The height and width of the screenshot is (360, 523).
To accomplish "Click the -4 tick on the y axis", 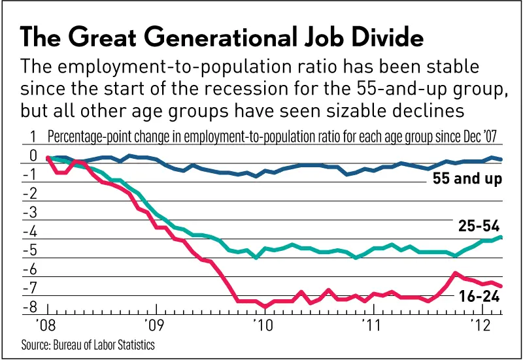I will pyautogui.click(x=29, y=233).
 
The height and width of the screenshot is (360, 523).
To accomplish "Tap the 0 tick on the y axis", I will pyautogui.click(x=32, y=157).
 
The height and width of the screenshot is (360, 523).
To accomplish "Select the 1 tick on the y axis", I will pyautogui.click(x=32, y=138).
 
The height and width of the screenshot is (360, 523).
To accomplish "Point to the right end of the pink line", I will pyautogui.click(x=501, y=286).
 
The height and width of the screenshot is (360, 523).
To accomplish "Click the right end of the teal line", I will pyautogui.click(x=501, y=237).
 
